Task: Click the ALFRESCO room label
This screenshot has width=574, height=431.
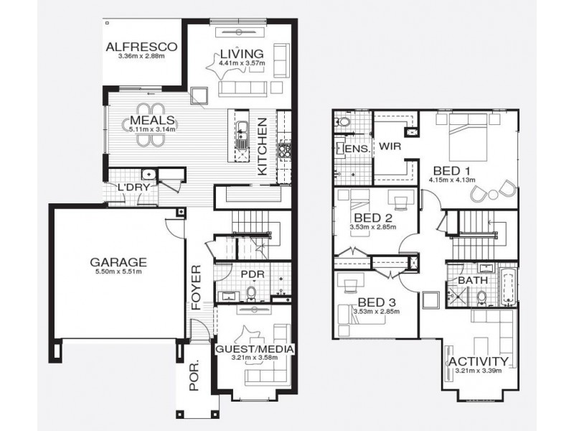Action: (x=141, y=47)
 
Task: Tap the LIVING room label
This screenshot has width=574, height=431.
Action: (x=242, y=53)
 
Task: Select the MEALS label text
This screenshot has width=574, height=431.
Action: (x=150, y=120)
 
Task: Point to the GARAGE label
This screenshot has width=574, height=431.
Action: (x=118, y=261)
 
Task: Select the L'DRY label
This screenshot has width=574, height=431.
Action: (x=132, y=188)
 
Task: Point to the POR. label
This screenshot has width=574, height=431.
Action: (x=194, y=377)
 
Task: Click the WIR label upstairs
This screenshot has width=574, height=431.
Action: (x=390, y=146)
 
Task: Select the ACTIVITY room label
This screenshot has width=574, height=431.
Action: (x=478, y=361)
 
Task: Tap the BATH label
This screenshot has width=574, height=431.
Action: (x=469, y=280)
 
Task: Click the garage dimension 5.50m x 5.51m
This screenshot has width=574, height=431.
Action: (x=118, y=272)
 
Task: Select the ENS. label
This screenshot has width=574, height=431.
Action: (x=357, y=149)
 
